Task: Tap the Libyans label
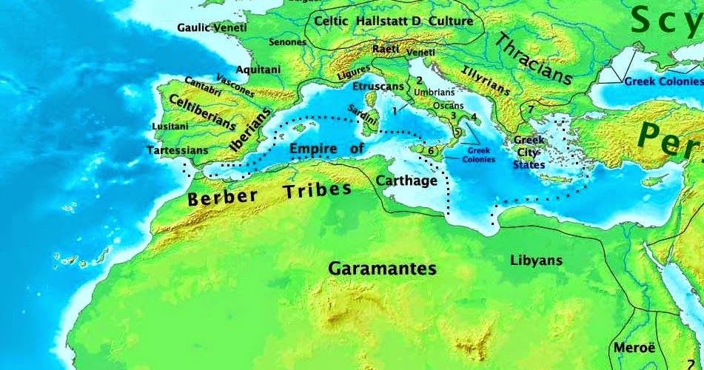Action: pos(536,260)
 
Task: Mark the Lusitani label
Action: pos(170,127)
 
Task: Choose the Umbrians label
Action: pos(435,92)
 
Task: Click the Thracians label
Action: pos(534,58)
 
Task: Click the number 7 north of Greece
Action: pos(531,110)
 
